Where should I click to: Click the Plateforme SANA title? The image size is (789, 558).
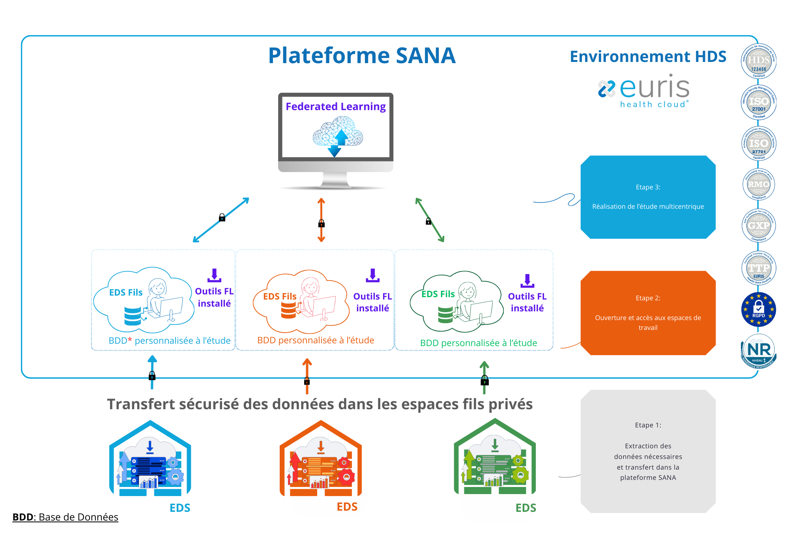pos(361,56)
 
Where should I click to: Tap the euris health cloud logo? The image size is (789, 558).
pos(644,91)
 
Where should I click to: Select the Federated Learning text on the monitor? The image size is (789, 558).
pos(335,107)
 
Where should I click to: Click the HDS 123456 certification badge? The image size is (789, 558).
pos(758,62)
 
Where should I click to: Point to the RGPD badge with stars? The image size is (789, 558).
pos(758,309)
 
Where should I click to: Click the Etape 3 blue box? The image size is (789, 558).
pos(648,197)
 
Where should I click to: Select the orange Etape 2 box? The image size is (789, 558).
pos(648,313)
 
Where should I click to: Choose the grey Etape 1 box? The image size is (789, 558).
pos(648,451)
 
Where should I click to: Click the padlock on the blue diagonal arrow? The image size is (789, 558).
pos(222,217)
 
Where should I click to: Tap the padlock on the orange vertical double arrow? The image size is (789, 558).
pos(322,224)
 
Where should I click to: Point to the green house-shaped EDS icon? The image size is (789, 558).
pos(495,458)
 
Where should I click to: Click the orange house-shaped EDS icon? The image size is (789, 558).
pos(321,459)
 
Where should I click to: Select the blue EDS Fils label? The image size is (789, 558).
pos(126,292)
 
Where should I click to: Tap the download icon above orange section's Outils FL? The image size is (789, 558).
pos(372,275)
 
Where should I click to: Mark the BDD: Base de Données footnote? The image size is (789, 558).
pos(65,517)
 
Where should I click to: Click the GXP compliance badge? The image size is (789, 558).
pos(758,226)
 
